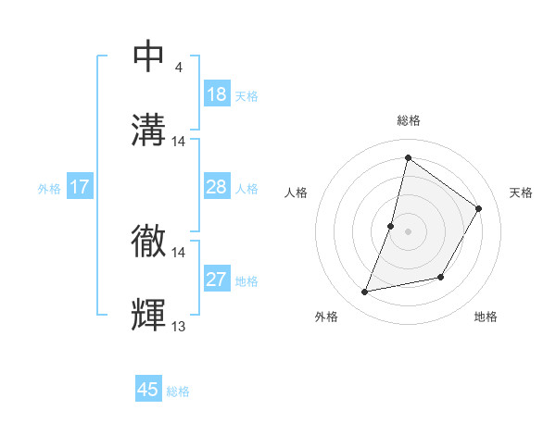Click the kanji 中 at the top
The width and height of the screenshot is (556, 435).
(x=149, y=56)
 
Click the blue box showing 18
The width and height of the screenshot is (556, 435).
(x=217, y=94)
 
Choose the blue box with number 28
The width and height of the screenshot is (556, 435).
(x=217, y=188)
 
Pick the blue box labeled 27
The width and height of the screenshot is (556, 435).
(x=217, y=280)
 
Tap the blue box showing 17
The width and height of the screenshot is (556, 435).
(x=80, y=188)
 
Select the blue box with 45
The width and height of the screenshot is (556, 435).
(x=148, y=390)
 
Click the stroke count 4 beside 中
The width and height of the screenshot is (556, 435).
(x=178, y=68)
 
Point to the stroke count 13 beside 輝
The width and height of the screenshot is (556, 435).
(x=179, y=326)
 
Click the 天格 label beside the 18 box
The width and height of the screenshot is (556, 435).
(x=246, y=95)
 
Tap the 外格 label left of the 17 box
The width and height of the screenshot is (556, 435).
(x=49, y=189)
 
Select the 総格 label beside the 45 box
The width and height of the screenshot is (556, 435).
(x=178, y=391)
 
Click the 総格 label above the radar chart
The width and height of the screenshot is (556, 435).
(x=409, y=120)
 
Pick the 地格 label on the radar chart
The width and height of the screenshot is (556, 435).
(x=486, y=317)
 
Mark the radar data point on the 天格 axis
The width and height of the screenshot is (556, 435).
(x=479, y=208)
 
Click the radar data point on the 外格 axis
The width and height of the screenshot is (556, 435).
(x=365, y=292)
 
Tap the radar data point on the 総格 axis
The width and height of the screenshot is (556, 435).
(x=408, y=157)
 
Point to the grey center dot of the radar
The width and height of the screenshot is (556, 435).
(x=408, y=231)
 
